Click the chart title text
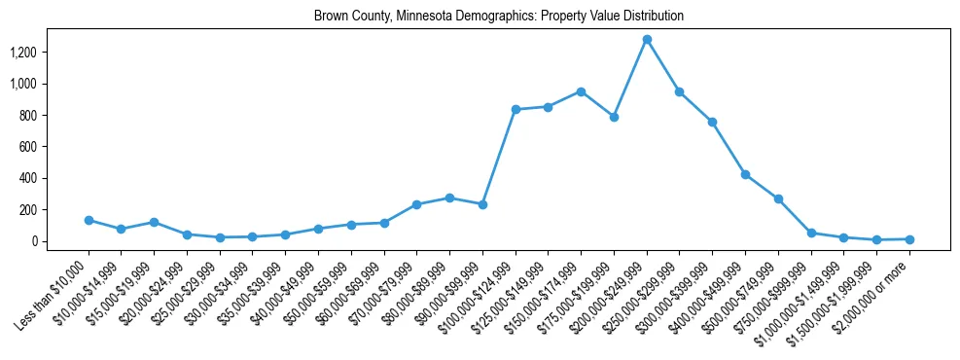point(499,17)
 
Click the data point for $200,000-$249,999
point(647,40)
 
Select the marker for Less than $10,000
point(89,220)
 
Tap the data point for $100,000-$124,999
point(516,110)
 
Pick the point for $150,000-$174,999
point(581,91)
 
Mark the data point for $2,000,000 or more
point(909,239)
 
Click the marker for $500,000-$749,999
point(778,198)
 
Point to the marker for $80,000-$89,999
point(449,198)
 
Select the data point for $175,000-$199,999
point(614,117)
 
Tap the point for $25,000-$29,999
point(220,237)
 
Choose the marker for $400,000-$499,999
point(745,174)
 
